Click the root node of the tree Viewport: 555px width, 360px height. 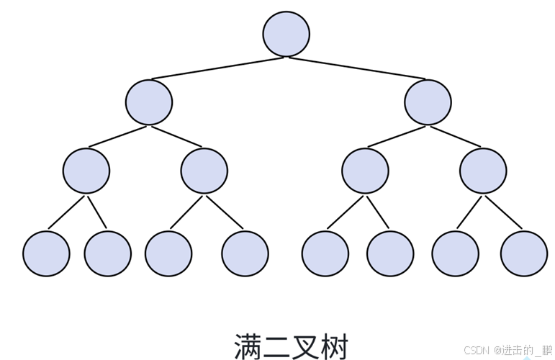[x=286, y=34]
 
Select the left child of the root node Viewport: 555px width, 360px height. [x=149, y=102]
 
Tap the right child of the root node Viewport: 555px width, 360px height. [x=428, y=102]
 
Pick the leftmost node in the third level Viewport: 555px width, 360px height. [x=86, y=170]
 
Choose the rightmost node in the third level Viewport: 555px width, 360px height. [x=483, y=170]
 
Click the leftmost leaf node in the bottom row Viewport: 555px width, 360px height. [x=46, y=253]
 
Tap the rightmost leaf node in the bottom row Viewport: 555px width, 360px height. [x=524, y=253]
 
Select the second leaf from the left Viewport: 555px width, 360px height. [x=108, y=253]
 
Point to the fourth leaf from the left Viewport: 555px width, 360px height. [x=245, y=253]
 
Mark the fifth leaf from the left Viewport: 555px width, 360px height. [x=325, y=253]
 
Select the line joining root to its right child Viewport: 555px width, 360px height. [x=357, y=68]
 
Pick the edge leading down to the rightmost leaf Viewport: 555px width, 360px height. [x=505, y=212]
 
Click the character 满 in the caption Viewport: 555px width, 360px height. [x=248, y=346]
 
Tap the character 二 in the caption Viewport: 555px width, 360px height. [x=277, y=346]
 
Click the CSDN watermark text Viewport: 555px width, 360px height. [x=477, y=350]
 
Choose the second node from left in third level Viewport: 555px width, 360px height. [x=204, y=170]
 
